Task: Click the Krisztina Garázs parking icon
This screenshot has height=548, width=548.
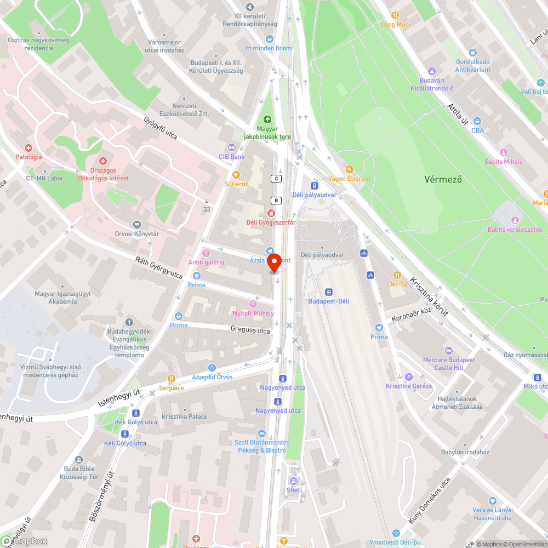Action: click(408, 377)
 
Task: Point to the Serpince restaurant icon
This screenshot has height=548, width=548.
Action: click(172, 379)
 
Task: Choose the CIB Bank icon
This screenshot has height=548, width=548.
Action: click(231, 147)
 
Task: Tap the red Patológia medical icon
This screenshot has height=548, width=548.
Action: click(28, 148)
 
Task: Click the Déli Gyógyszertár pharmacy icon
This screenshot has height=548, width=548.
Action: click(270, 213)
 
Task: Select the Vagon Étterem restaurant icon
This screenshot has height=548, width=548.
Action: click(349, 169)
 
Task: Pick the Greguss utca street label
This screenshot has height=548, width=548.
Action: click(250, 330)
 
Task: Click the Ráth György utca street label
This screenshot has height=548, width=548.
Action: click(159, 267)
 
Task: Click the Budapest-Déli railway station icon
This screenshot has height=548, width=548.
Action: click(329, 292)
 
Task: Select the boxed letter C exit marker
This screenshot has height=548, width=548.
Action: click(276, 179)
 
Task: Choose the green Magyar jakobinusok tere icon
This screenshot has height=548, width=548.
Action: click(267, 119)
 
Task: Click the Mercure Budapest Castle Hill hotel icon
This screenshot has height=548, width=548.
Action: click(449, 351)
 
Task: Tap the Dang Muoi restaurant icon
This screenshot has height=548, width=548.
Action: click(395, 15)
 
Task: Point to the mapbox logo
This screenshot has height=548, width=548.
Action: click(25, 541)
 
